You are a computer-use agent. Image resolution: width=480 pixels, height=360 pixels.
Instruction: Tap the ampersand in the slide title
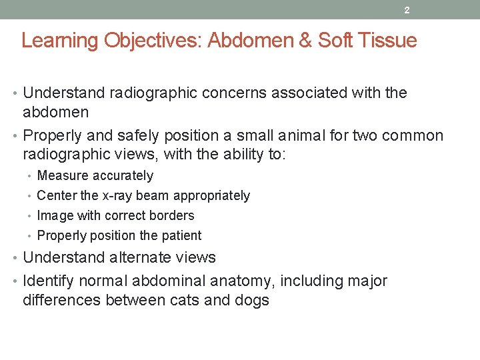pos(305,41)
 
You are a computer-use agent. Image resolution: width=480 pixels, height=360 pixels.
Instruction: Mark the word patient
pos(180,235)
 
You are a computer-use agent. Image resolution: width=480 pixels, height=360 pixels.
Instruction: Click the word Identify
pos(49,281)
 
